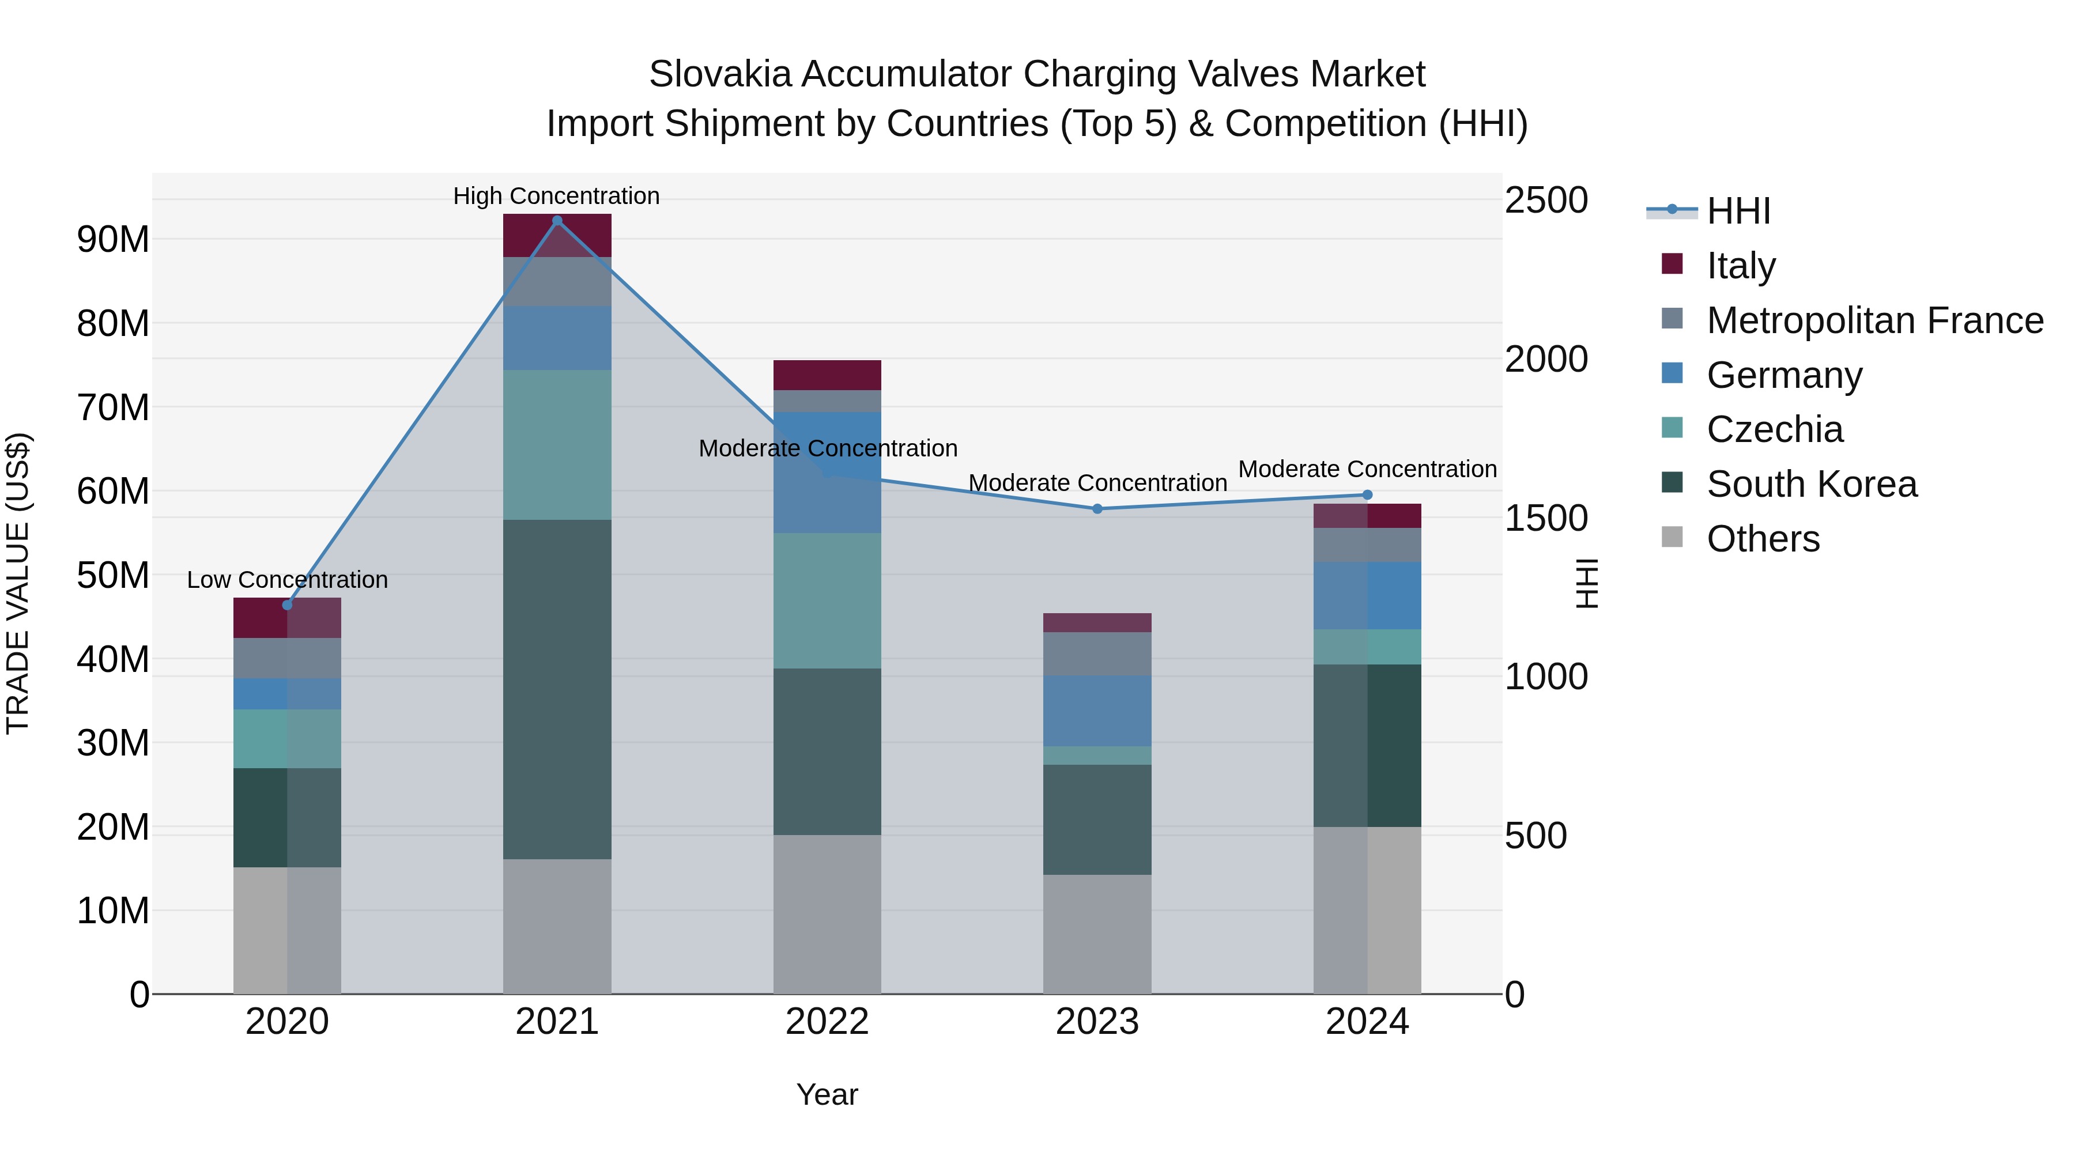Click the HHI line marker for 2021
(x=557, y=221)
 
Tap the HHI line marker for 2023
(x=1097, y=509)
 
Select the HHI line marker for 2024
(x=1367, y=495)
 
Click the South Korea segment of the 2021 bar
(x=557, y=689)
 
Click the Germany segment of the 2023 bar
(x=1097, y=711)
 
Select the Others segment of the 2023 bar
(x=1097, y=934)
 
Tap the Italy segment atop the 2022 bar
(x=827, y=375)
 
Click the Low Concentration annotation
(x=287, y=580)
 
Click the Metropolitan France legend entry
(x=1874, y=320)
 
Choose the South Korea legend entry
(x=1812, y=484)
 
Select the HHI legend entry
(x=1738, y=211)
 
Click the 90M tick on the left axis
(x=113, y=240)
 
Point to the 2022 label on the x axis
(x=827, y=1022)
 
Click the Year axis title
(x=827, y=1094)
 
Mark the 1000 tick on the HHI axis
(x=1546, y=677)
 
